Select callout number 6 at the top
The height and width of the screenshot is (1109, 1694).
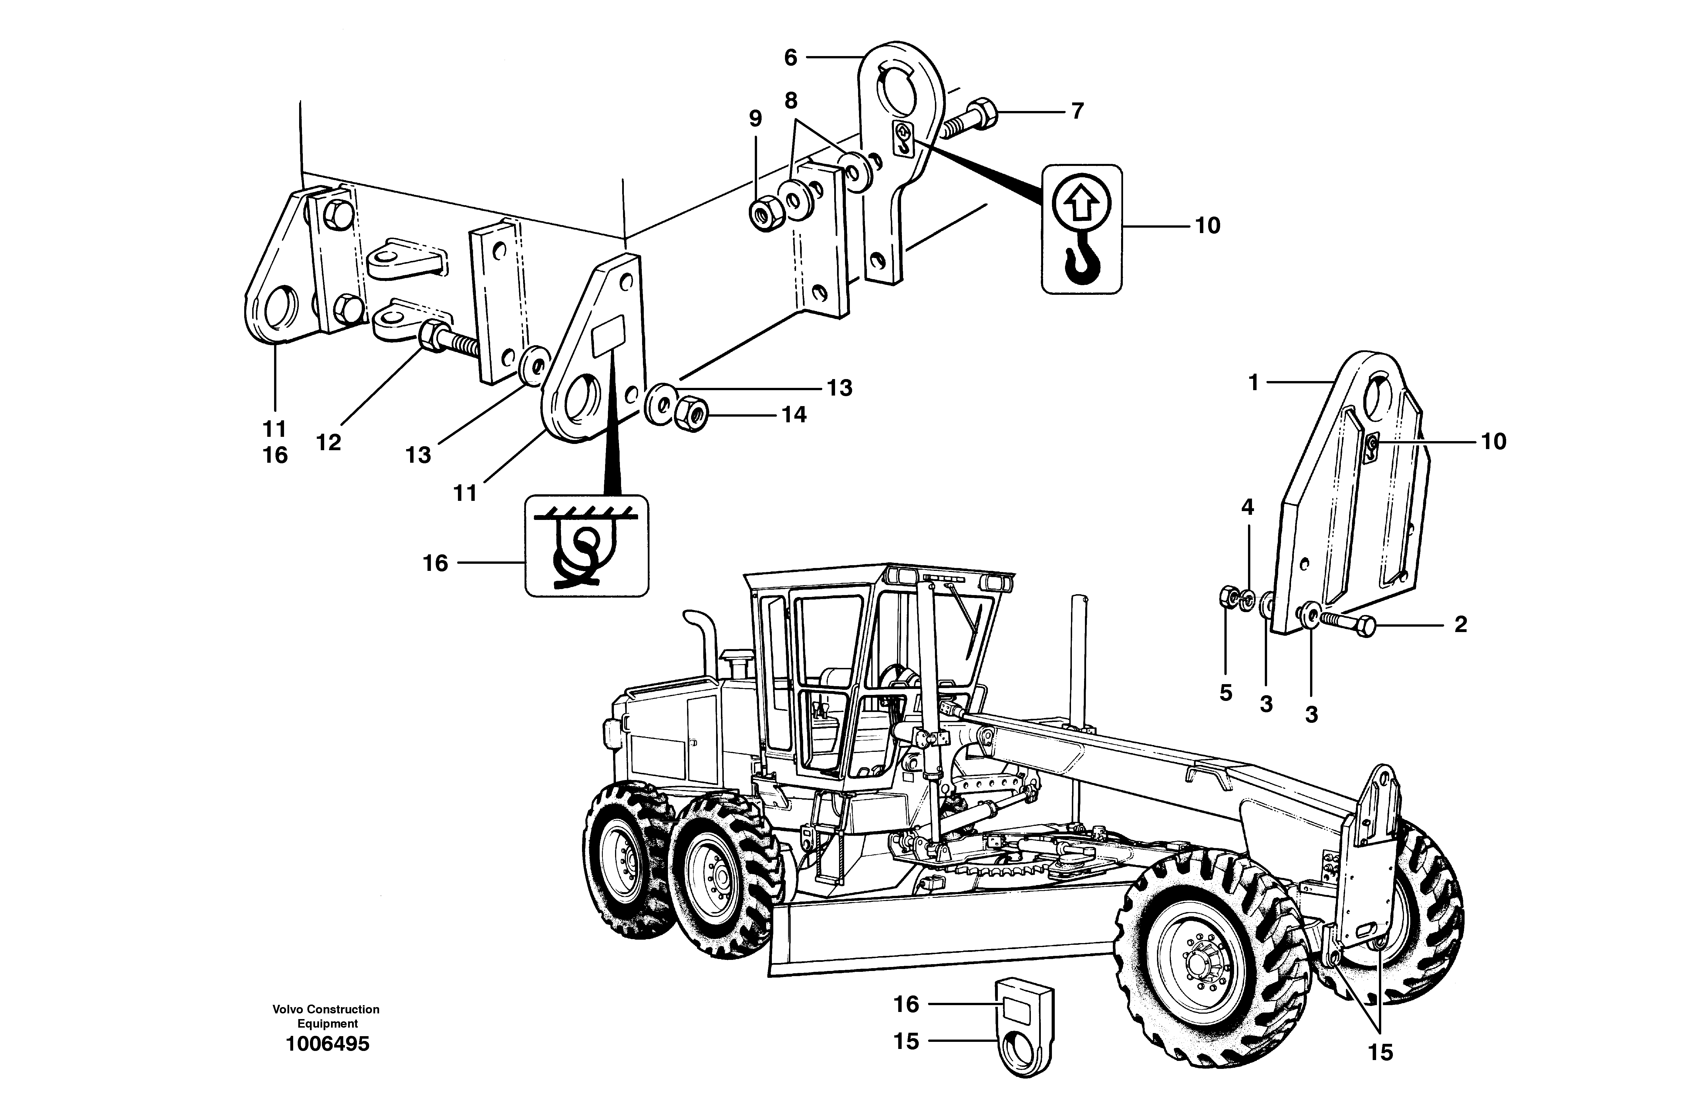click(x=791, y=58)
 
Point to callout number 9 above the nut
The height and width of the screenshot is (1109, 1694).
click(x=755, y=118)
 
